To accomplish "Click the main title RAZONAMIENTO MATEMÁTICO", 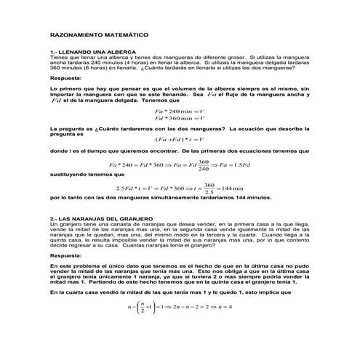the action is pyautogui.click(x=99, y=34).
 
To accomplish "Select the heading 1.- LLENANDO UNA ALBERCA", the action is pyautogui.click(x=87, y=53).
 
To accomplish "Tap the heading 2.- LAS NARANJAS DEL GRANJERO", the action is pyautogui.click(x=100, y=219).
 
